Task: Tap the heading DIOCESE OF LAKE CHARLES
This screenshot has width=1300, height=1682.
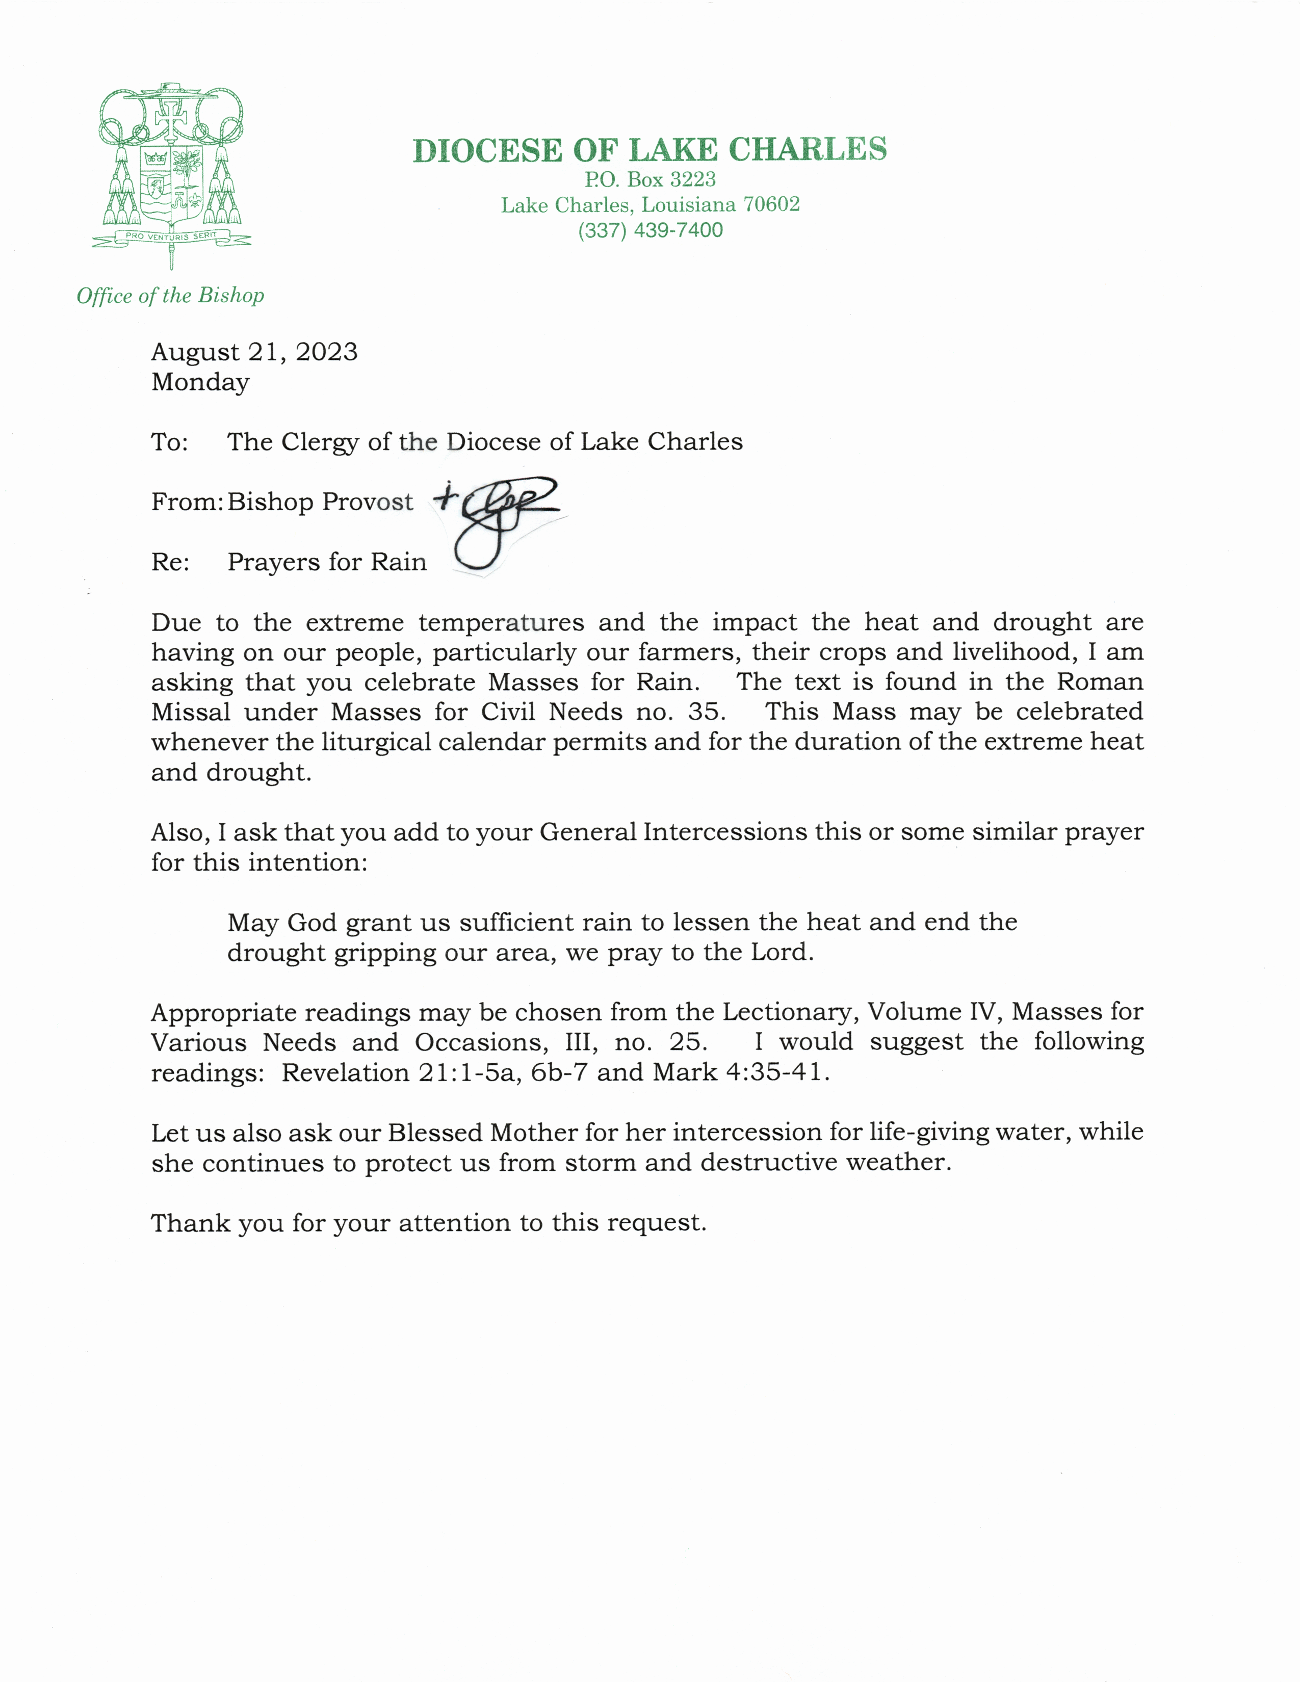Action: (649, 150)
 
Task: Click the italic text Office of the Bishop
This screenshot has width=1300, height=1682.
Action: (170, 296)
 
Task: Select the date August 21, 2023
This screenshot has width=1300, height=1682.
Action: (254, 352)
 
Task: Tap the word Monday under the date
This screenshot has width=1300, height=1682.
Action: (200, 382)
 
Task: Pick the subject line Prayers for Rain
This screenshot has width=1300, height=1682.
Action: (327, 562)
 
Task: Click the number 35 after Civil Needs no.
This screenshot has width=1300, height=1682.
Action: (704, 712)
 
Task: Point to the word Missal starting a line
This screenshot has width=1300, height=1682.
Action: (190, 712)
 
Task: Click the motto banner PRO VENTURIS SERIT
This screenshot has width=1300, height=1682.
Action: (171, 236)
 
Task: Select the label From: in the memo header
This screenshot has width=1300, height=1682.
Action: (187, 502)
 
